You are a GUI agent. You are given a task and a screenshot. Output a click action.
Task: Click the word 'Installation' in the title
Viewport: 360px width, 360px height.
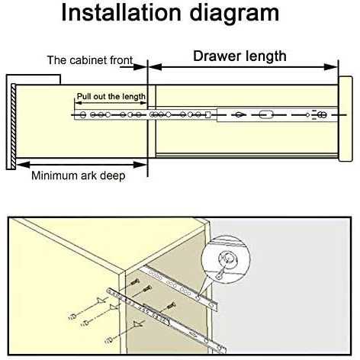[x=121, y=13]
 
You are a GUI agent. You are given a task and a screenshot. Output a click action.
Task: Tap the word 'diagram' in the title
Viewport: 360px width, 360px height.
[x=234, y=14]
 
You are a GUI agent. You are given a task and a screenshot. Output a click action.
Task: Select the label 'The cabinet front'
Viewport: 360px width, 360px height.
[x=90, y=60]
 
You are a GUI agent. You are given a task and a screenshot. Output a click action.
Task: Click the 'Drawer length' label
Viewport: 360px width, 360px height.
[x=239, y=56]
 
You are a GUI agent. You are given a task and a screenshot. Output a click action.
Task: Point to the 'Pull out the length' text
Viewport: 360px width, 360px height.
[x=111, y=96]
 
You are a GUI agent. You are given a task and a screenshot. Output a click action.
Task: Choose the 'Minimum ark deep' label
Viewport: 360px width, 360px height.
[x=79, y=175]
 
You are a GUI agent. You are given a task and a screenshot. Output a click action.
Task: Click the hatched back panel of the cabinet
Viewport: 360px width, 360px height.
[x=13, y=127]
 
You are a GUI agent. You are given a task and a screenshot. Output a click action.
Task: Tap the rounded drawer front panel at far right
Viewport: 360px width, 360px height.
[x=346, y=119]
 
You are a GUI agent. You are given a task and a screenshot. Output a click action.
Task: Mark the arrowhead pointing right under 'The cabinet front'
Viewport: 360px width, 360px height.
[x=140, y=67]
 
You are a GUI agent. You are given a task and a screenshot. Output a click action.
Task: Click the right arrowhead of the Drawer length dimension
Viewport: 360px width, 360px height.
[x=331, y=67]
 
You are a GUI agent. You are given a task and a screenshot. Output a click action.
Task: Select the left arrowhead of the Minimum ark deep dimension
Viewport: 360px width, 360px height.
[x=23, y=165]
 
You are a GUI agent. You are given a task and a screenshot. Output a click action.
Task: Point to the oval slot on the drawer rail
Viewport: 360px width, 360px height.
[x=265, y=114]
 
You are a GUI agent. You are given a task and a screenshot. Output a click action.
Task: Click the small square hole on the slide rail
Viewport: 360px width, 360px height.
[x=207, y=115]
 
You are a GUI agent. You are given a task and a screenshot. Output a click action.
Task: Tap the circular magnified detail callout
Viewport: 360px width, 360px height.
[x=226, y=259]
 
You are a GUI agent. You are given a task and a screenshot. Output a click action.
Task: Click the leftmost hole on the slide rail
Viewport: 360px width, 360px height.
[x=82, y=115]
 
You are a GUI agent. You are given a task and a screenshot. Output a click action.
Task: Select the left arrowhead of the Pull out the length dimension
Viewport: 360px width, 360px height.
[x=79, y=103]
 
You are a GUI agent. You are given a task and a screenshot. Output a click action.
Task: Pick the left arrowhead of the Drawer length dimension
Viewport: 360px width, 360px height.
[x=155, y=67]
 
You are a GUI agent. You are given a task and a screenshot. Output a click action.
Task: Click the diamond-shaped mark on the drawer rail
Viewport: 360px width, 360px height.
[x=239, y=115]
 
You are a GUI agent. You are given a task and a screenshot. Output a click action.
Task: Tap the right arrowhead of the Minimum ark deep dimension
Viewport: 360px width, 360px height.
[x=140, y=165]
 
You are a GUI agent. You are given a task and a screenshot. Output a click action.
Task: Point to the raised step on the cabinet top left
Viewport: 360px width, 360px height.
[x=34, y=79]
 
